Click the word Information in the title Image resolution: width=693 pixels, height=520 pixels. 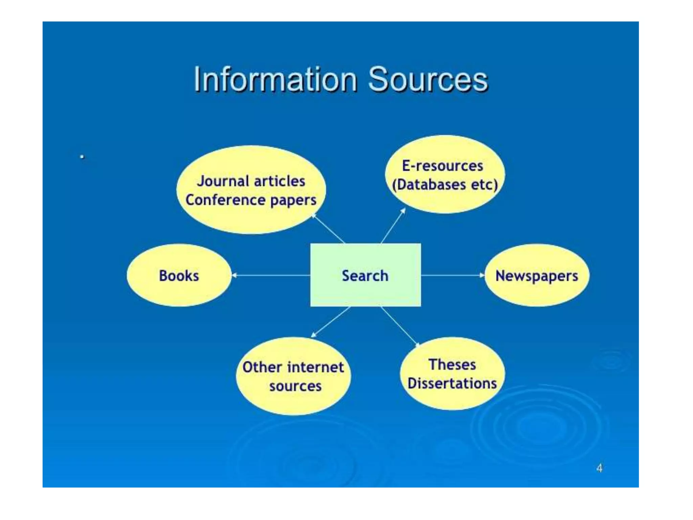tap(275, 80)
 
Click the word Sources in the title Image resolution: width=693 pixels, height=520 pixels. tap(428, 80)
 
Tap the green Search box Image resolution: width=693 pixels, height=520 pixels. tap(365, 275)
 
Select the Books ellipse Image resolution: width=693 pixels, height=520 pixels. tap(179, 276)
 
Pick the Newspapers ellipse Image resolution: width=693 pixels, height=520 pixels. tap(537, 276)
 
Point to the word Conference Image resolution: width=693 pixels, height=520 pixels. tap(225, 200)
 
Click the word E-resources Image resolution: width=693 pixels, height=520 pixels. tap(443, 166)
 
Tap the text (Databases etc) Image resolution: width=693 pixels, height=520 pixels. tap(445, 185)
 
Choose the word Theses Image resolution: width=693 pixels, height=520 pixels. tap(452, 365)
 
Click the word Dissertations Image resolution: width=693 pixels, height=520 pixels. tap(452, 384)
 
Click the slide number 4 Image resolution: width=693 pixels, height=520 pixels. tap(599, 468)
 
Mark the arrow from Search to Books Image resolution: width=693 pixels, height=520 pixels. tap(271, 275)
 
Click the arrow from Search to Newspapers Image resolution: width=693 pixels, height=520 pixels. tap(453, 275)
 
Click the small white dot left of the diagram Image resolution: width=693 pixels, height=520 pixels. tap(82, 157)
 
